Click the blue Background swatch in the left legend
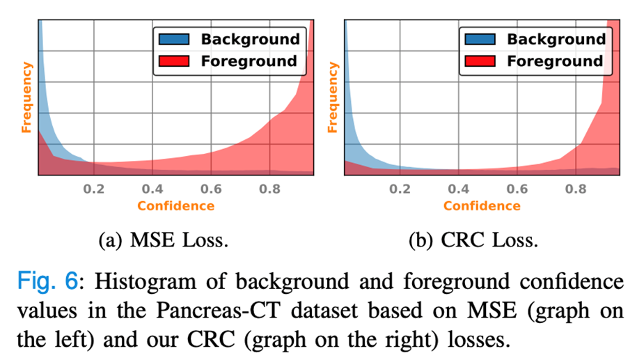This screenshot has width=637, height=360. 173,40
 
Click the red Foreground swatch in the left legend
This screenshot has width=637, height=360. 173,61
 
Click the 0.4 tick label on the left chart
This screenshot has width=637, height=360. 153,189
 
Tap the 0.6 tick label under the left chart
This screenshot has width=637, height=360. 212,189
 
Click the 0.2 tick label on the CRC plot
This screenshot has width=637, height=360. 400,189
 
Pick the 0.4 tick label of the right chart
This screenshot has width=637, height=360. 458,189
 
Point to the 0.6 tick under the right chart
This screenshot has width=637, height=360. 517,189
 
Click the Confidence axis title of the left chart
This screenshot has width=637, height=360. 175,205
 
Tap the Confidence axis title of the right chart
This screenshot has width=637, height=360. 482,205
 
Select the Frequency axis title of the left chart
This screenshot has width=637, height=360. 26,97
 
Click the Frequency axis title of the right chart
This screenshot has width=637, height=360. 332,97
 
